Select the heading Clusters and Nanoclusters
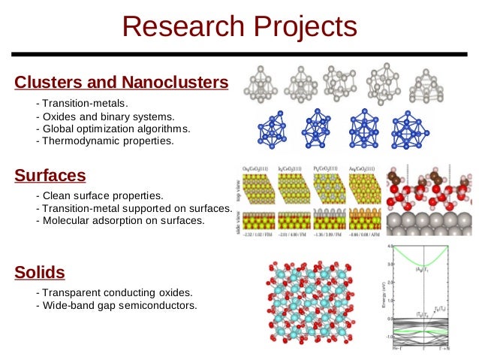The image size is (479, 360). [x=121, y=81]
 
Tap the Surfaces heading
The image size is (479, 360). [x=50, y=176]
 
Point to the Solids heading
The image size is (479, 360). [x=40, y=271]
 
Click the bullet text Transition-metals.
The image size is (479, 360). [x=86, y=102]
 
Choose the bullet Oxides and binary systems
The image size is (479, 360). [x=108, y=116]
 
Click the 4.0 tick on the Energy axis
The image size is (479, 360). [x=390, y=246]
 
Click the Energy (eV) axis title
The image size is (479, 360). [x=383, y=295]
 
